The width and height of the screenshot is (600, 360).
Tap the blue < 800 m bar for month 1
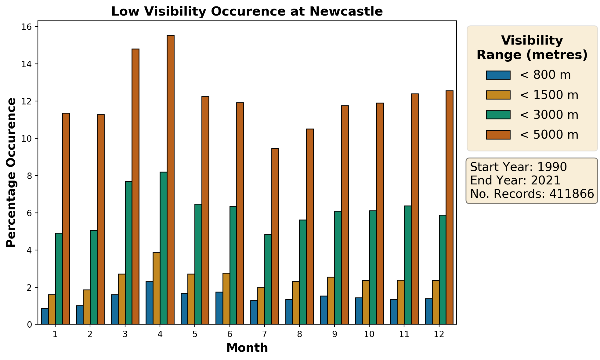point(45,316)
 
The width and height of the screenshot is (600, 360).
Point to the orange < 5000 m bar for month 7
point(275,236)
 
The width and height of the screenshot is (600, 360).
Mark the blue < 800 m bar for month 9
point(324,310)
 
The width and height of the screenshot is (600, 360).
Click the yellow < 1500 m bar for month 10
point(366,302)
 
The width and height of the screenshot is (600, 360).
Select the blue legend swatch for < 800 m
point(498,75)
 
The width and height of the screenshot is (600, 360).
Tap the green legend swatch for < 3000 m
point(498,115)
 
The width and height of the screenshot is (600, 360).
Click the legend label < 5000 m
point(549,135)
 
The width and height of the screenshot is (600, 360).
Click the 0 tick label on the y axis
point(30,324)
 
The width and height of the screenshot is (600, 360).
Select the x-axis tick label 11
point(404,334)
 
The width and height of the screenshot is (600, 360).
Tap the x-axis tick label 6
point(230,334)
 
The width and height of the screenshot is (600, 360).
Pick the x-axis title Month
point(247,348)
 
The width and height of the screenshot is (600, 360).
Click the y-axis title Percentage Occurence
point(11,173)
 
